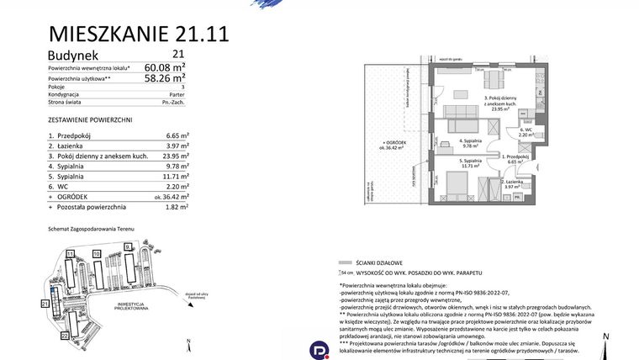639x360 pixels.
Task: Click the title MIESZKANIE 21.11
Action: (138, 34)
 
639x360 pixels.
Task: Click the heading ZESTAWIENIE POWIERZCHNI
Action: (91, 120)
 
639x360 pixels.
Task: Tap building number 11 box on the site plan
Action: (71, 253)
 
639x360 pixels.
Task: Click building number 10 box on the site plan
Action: (97, 253)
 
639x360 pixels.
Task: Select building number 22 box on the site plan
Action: (65, 335)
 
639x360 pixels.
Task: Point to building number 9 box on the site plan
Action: (128, 246)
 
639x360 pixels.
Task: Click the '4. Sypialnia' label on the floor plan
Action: (469, 143)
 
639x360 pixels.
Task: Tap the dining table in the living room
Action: (494, 81)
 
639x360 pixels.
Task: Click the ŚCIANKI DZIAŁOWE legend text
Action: (374, 262)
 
